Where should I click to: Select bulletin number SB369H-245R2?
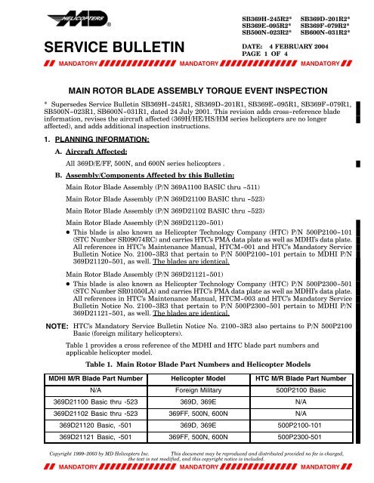(x=268, y=15)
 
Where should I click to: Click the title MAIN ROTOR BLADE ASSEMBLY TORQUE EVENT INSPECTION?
(x=186, y=88)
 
